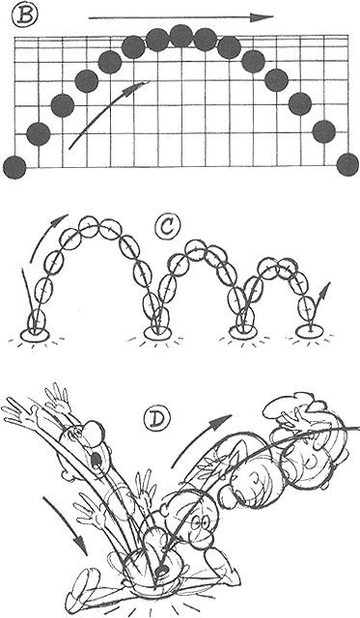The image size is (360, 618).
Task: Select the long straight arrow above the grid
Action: pos(181,17)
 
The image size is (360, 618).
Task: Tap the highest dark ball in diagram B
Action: pos(180,36)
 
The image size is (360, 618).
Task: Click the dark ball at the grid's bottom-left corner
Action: pos(14,166)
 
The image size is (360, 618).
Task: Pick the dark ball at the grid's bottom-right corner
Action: pos(347,165)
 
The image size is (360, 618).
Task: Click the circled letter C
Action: pos(168,229)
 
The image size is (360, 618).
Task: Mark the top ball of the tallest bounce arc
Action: pos(90,226)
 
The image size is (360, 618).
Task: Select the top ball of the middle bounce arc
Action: pos(195,250)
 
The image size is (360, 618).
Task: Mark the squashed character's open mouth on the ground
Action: pos(160,570)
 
